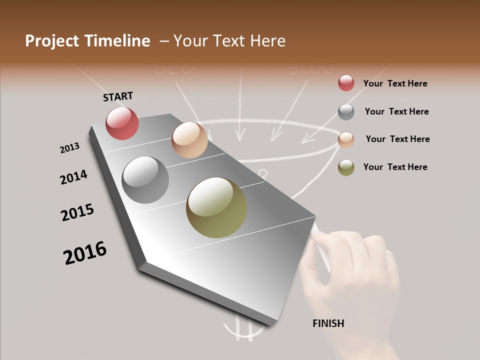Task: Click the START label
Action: [x=118, y=96]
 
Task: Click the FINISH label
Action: [x=328, y=323]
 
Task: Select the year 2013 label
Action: [x=69, y=148]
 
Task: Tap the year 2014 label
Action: [x=73, y=177]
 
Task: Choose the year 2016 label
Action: [x=85, y=253]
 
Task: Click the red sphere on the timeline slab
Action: [x=122, y=123]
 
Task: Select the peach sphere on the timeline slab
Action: [x=189, y=140]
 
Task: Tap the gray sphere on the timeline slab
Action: [x=145, y=180]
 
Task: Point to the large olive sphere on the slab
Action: [x=216, y=207]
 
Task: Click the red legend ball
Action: [x=346, y=83]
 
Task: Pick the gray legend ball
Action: [x=346, y=112]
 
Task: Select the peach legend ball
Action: [x=346, y=140]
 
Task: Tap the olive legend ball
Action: [x=346, y=167]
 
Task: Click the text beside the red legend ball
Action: [x=395, y=83]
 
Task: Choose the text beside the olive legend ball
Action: [x=395, y=167]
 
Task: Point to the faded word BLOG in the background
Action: [x=311, y=68]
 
